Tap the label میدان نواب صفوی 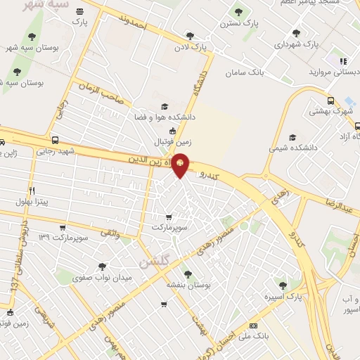[x=103, y=278]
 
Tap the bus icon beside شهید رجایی [x=56, y=140]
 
